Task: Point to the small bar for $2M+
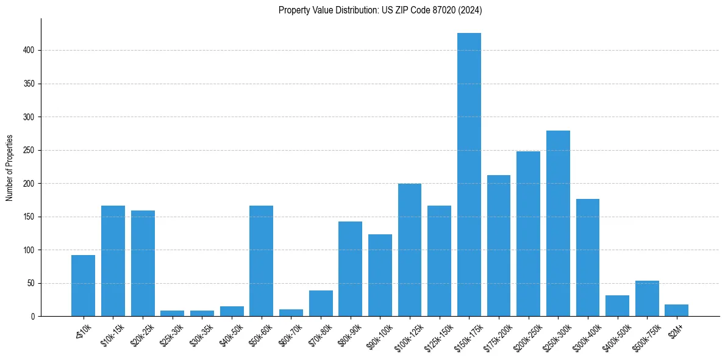click(677, 311)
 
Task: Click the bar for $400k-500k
click(617, 306)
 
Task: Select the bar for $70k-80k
click(321, 304)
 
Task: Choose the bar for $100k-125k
click(410, 250)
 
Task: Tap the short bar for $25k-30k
click(172, 314)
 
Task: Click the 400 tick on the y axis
click(30, 50)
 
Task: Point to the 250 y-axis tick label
click(30, 150)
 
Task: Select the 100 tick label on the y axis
click(30, 250)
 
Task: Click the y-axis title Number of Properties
click(10, 167)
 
